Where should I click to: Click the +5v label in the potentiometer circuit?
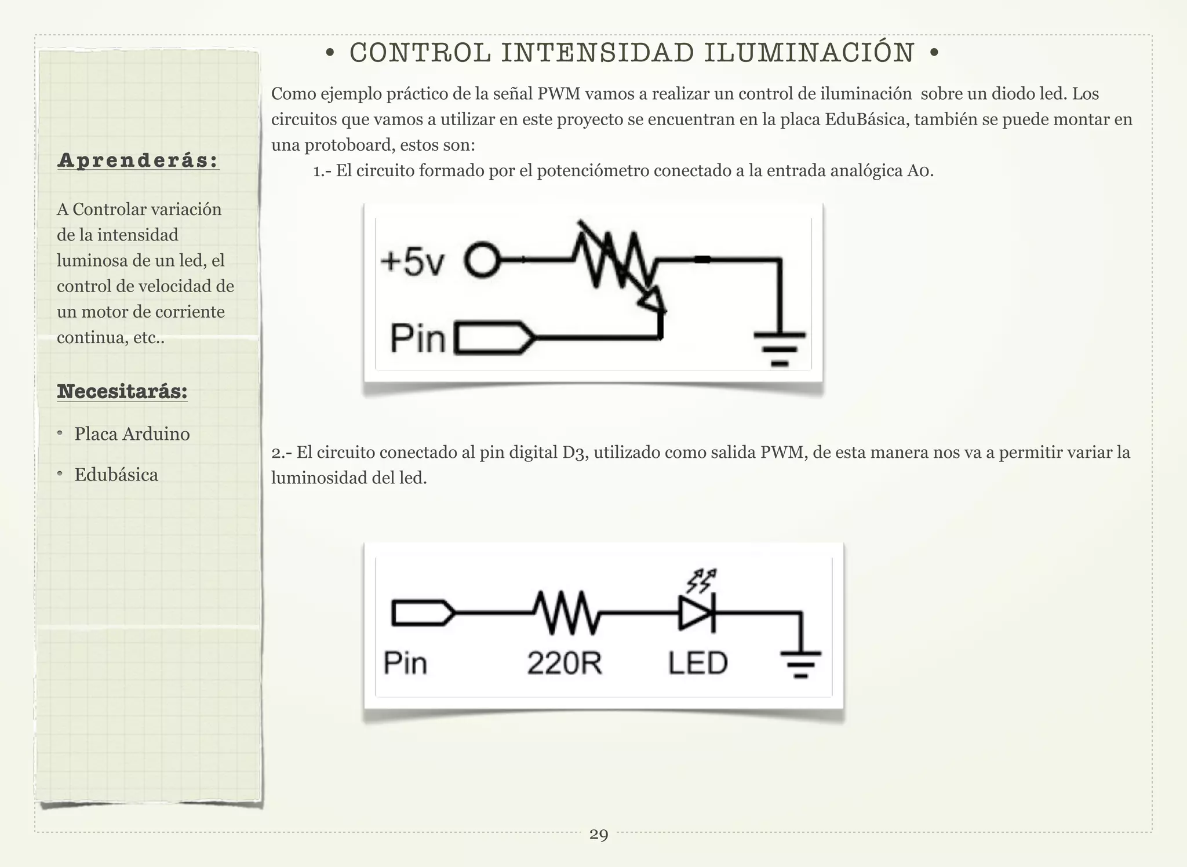(x=412, y=262)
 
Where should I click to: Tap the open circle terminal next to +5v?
(x=482, y=261)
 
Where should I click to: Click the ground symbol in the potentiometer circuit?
(x=780, y=348)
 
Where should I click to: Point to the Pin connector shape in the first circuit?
(x=494, y=337)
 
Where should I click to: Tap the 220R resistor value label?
(x=565, y=663)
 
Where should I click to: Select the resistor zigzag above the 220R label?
(x=566, y=612)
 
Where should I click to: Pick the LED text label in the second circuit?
(x=698, y=663)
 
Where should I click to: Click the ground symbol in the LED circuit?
(x=801, y=664)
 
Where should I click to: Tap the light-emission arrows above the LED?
(x=701, y=580)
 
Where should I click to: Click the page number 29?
(x=599, y=835)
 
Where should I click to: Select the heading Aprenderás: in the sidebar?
(x=138, y=161)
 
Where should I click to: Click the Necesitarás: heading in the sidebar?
(x=122, y=391)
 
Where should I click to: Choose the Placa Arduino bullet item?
(x=132, y=434)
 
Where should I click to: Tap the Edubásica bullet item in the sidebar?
(x=116, y=475)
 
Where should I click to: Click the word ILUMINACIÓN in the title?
(x=809, y=53)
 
